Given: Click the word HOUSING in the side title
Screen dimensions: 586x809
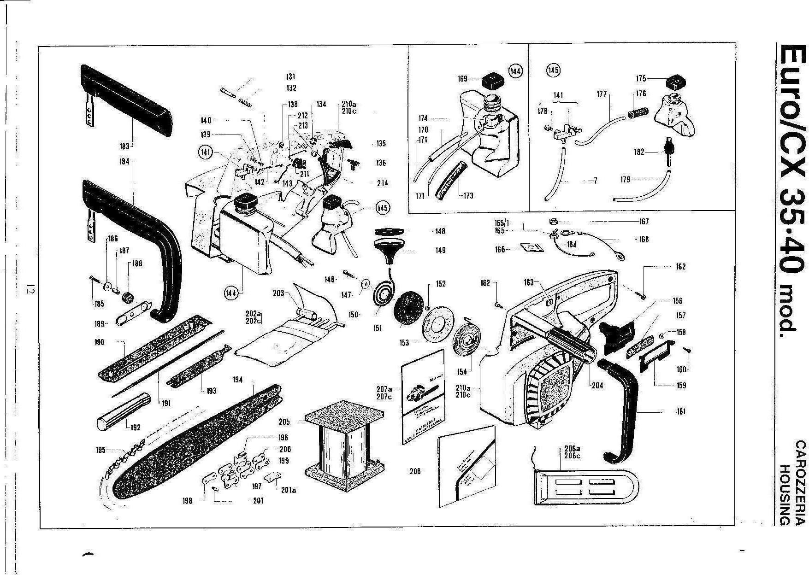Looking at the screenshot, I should coord(785,495).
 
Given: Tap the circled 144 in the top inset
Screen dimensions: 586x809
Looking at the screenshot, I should coord(515,71).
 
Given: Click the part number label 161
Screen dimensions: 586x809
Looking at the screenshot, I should coord(681,411).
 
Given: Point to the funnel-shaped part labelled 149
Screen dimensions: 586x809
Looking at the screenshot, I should coord(388,252).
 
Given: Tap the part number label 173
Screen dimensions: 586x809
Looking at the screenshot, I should coord(468,195).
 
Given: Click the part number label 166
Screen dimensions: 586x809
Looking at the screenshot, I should coord(500,249).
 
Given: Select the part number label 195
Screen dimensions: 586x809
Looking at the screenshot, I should coord(101,450).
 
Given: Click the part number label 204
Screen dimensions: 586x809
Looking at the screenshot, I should coord(597,385).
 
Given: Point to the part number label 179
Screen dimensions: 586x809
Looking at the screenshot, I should coord(625,179).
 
